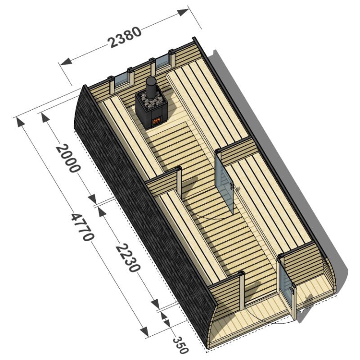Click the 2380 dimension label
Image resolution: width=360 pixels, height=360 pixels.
tap(125, 37)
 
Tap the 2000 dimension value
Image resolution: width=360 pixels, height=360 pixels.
tap(68, 158)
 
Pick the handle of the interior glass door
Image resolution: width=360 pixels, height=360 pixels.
tap(231, 184)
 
